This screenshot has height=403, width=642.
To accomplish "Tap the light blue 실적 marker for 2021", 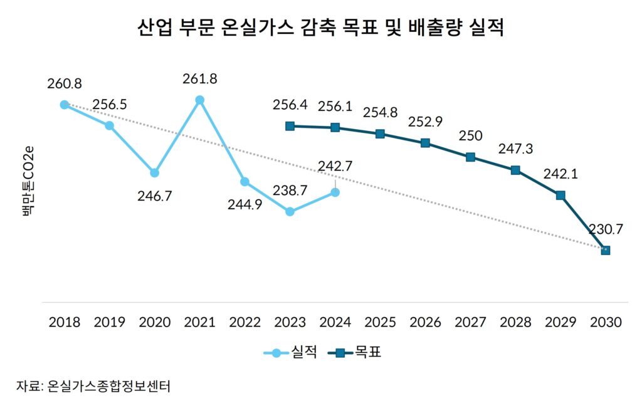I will point(199,100).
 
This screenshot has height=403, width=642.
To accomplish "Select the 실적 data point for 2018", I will point(64,105).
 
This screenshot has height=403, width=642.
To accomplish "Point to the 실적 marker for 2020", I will point(154,172).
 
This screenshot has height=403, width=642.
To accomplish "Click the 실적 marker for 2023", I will point(290,212).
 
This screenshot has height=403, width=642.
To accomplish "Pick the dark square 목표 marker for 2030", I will point(606,250).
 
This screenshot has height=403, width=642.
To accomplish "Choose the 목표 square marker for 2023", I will point(290,126).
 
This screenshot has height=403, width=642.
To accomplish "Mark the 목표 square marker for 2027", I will point(470,157).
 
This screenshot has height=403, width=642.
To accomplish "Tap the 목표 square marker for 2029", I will point(560,195).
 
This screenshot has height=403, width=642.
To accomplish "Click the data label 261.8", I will point(199,79).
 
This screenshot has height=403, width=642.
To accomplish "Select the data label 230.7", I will point(606,229).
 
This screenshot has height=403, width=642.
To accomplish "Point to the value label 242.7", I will point(335,166).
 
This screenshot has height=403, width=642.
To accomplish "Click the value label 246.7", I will point(154,196).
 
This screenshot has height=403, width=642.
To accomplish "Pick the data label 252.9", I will point(425,122).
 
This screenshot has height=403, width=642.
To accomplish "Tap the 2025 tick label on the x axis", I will point(380,322).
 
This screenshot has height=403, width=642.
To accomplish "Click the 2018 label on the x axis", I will point(64,322).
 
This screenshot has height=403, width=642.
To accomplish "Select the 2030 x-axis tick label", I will point(606,322).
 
